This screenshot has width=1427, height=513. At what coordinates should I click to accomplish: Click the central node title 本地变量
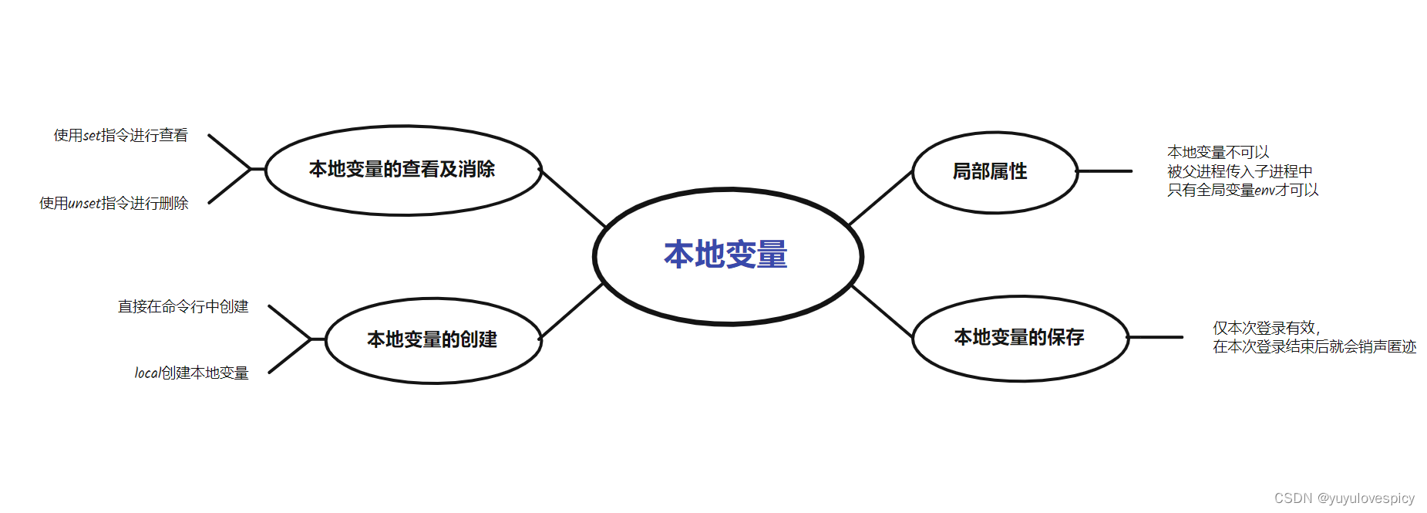(x=725, y=255)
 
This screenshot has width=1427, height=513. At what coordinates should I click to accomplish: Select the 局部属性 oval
(x=994, y=171)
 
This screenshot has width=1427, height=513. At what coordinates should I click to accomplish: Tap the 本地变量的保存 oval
(x=1019, y=337)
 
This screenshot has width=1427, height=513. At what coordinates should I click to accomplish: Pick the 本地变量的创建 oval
(x=432, y=339)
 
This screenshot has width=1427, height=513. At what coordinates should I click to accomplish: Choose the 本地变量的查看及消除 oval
(x=402, y=170)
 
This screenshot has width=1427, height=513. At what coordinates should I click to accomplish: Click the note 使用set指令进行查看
(x=121, y=136)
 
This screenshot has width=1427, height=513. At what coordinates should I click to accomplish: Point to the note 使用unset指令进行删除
(x=114, y=204)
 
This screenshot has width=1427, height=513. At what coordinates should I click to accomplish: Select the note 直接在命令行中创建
(x=183, y=307)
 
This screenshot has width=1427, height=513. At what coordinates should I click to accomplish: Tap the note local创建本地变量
(x=192, y=373)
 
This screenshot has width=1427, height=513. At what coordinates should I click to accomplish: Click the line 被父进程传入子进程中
(x=1239, y=171)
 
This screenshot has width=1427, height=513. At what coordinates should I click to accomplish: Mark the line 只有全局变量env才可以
(x=1242, y=190)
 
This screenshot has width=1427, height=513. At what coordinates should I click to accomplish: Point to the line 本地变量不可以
(x=1217, y=153)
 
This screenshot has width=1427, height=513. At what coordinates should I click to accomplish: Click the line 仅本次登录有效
(x=1266, y=328)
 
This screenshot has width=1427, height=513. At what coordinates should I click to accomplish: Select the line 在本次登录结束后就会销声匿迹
(x=1314, y=347)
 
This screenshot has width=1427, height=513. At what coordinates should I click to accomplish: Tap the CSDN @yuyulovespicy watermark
(x=1344, y=498)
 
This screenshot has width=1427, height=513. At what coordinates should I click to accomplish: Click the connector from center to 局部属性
(x=880, y=198)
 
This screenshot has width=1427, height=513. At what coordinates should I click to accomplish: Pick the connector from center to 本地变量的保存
(x=882, y=311)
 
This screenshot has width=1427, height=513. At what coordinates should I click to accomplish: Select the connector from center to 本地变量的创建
(x=571, y=311)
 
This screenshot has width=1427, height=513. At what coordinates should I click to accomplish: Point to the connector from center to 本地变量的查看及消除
(x=574, y=198)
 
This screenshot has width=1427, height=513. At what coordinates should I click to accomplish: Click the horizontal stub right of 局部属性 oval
(x=1105, y=171)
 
